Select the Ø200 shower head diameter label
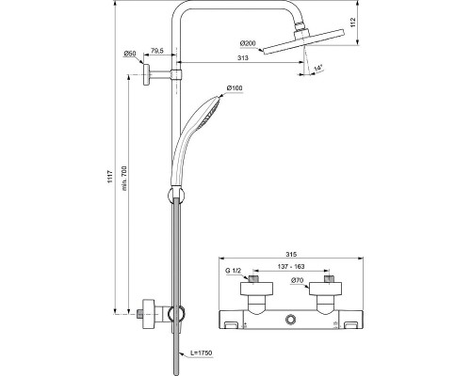[249, 43]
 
